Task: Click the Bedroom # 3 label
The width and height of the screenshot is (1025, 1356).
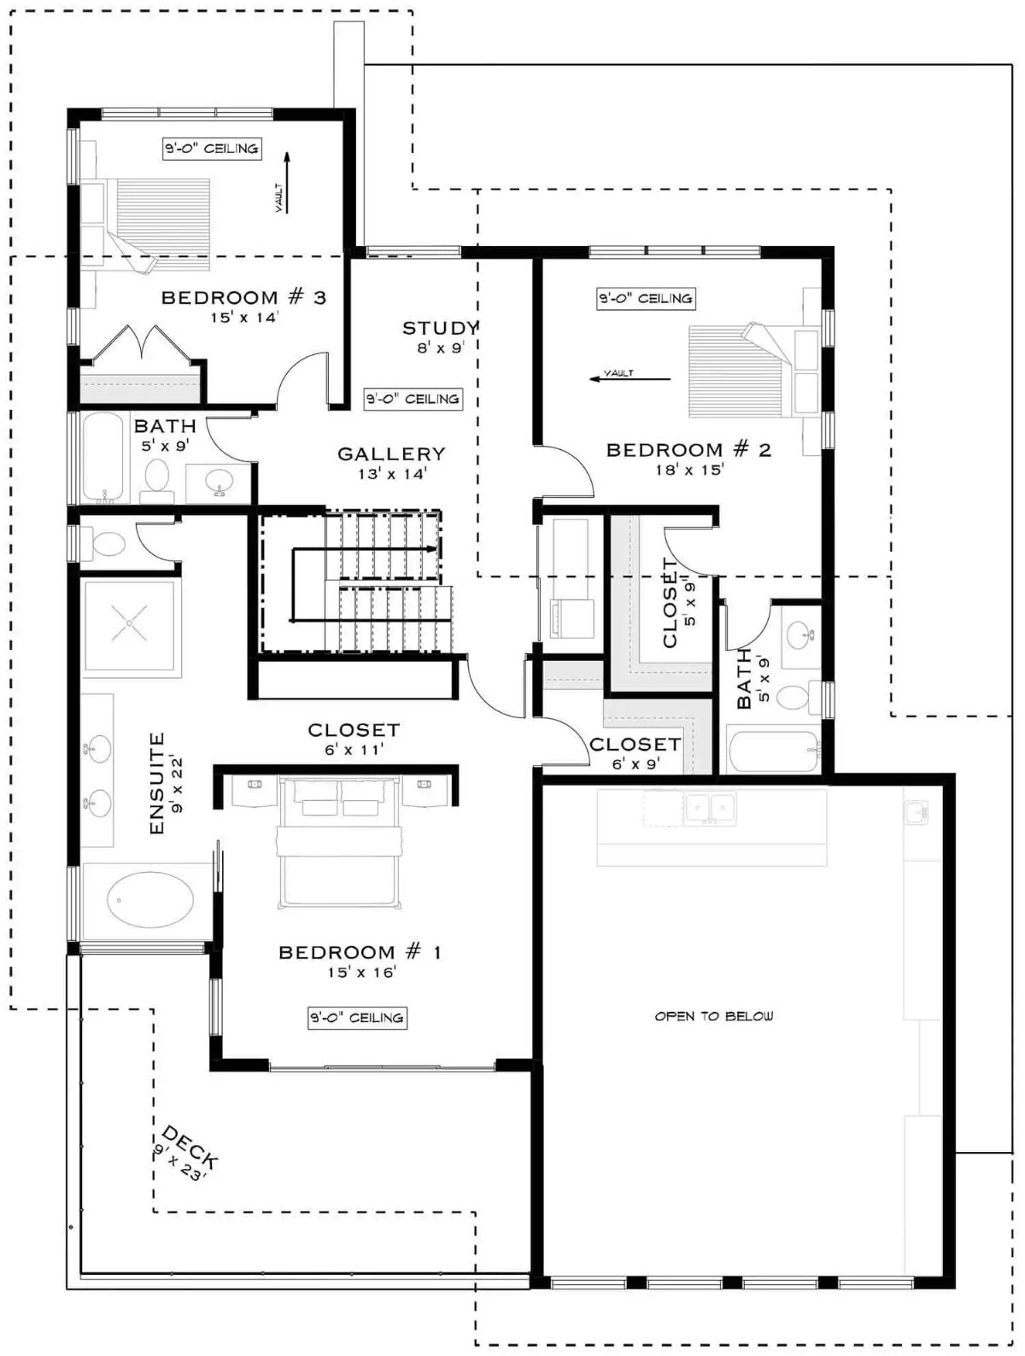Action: pos(243,297)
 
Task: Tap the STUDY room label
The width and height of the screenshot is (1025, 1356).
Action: pos(440,328)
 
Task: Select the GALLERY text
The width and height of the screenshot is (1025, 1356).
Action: pos(391,454)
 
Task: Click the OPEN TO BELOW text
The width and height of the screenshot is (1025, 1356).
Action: pos(714,1016)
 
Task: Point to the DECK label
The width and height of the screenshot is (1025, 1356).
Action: pos(190,1148)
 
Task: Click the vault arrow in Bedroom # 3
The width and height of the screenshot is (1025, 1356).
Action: pos(287,183)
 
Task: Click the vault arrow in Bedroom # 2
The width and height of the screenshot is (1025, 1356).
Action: pos(630,378)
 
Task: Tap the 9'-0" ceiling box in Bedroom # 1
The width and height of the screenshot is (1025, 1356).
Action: pos(357,1018)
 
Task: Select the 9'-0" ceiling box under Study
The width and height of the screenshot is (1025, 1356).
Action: pos(413,399)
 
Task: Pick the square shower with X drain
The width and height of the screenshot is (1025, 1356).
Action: pos(130,623)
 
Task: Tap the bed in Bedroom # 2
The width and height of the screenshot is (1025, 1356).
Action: pos(741,371)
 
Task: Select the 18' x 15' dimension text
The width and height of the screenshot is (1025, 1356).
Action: pos(689,470)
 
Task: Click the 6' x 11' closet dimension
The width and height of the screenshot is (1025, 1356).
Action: pos(354,749)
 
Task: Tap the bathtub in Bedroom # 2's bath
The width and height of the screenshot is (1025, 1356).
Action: pos(773,751)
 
